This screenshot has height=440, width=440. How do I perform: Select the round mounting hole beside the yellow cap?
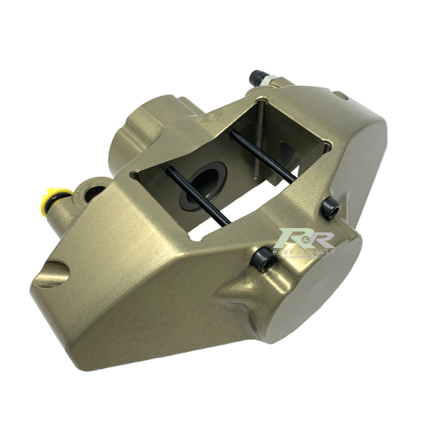point(94,194)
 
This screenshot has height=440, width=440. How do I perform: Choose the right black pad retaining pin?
point(263,156)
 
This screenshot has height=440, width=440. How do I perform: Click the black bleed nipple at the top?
point(257,77)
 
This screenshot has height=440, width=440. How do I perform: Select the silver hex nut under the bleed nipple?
point(269,85)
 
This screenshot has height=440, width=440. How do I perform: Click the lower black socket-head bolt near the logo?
point(263,259)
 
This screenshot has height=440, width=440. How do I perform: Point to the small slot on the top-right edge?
point(341,95)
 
